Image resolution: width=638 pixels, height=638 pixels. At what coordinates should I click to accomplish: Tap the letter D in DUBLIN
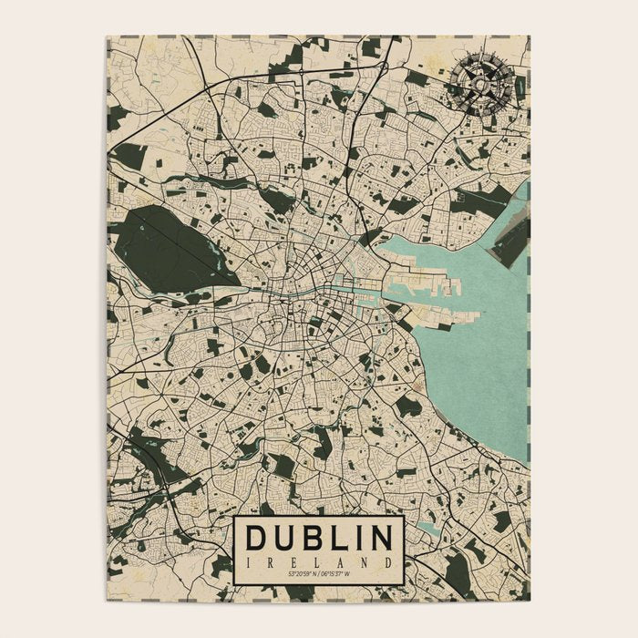(258, 538)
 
